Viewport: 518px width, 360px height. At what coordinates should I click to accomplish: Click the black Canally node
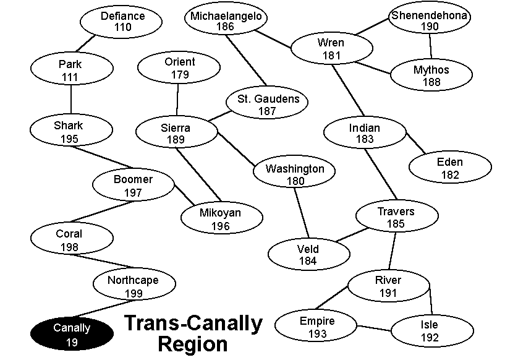point(72,334)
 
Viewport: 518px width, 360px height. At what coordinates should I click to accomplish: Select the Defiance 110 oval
point(122,22)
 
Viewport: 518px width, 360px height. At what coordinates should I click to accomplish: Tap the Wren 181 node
point(331,49)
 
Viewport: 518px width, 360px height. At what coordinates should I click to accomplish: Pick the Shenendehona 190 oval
point(429,21)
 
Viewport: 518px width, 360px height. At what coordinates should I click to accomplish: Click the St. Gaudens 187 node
point(267,105)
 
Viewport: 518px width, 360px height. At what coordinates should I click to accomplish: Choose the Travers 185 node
point(396,217)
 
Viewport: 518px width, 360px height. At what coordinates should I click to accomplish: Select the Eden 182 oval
point(450,168)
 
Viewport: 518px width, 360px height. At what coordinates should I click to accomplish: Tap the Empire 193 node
point(316,327)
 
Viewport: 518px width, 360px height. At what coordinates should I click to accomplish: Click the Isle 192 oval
point(430,331)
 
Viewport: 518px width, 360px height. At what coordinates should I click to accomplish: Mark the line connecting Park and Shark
point(71,98)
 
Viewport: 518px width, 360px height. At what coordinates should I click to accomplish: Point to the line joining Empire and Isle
point(375,328)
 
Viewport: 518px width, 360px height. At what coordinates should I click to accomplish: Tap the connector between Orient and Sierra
point(177,99)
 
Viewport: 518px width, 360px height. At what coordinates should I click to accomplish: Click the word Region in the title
point(192,343)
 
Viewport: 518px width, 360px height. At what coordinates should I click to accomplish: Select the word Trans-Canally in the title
point(193,323)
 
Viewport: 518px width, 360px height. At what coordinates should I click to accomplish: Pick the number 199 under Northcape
point(133,293)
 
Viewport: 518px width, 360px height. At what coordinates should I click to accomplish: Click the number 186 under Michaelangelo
point(226,27)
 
